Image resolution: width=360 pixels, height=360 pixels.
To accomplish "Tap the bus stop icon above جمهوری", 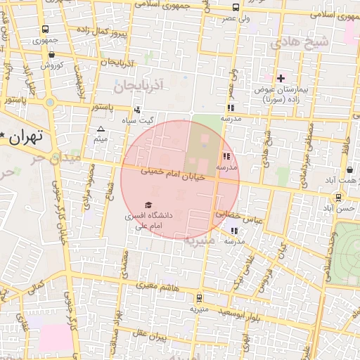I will click(x=46, y=30).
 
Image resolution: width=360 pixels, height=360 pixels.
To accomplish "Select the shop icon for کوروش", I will click(x=52, y=54).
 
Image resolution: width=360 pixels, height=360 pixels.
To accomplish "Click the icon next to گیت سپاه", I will click(x=137, y=109).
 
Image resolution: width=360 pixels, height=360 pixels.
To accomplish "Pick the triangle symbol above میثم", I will click(x=101, y=129).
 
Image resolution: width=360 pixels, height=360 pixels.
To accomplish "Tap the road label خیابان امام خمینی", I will click(x=172, y=174).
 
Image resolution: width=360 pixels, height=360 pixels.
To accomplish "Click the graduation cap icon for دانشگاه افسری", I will click(x=148, y=205).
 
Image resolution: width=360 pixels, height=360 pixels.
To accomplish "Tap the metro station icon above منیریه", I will click(x=200, y=297).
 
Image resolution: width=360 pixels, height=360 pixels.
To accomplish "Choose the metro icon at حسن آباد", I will click(x=339, y=198).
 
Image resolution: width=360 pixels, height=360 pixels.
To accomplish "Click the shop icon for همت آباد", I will click(x=350, y=170).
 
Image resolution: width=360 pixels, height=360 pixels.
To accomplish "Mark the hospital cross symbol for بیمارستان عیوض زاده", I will click(x=281, y=78).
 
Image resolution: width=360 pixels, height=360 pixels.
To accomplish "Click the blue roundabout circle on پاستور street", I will click(x=50, y=103).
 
